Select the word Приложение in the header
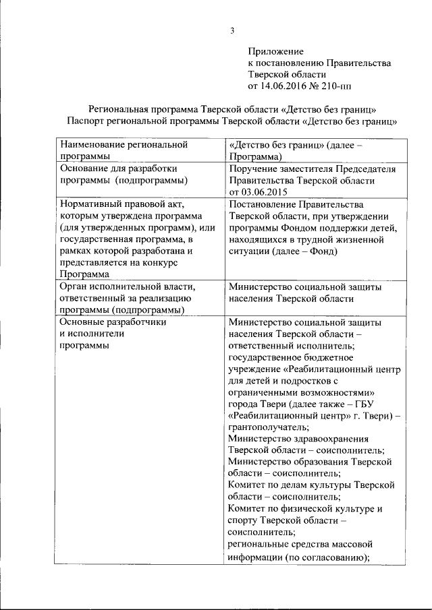point(275,51)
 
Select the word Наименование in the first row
point(94,144)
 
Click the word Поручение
point(256,168)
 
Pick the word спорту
point(244,520)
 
